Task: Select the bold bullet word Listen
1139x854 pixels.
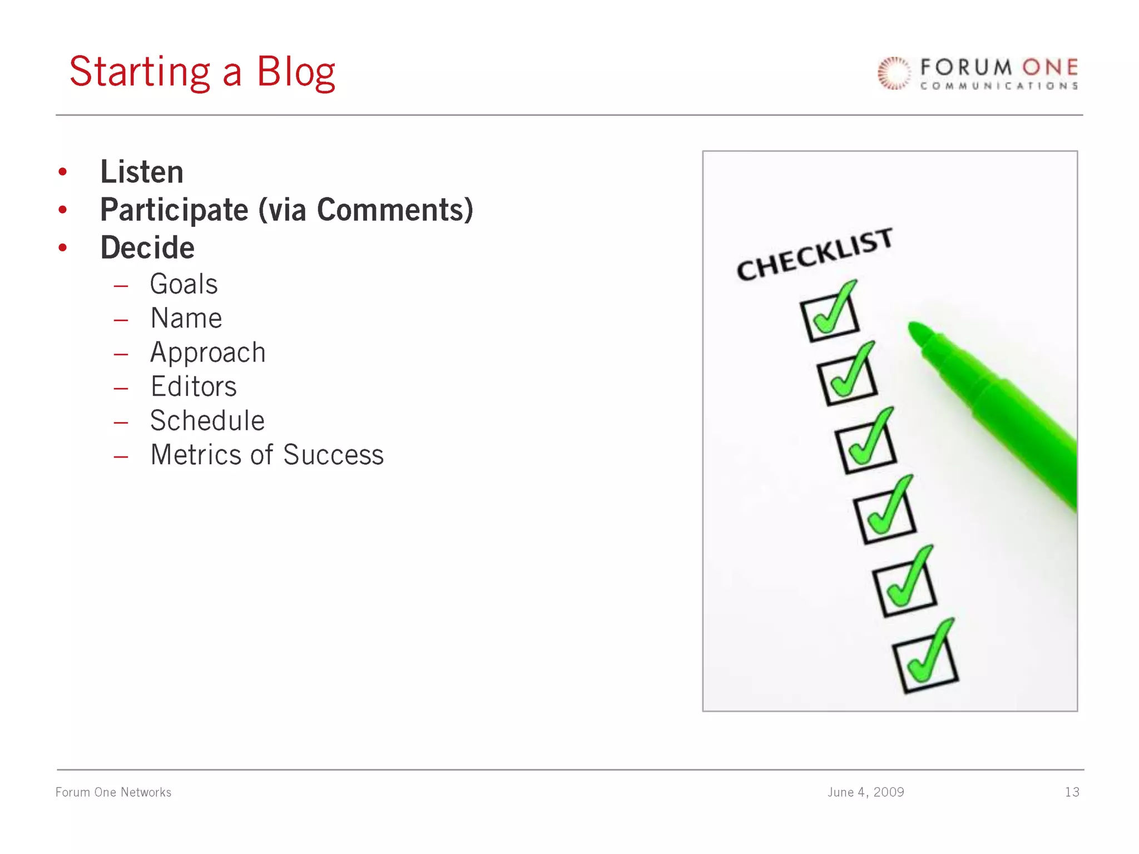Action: tap(142, 172)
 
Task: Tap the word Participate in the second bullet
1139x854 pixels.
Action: tap(174, 210)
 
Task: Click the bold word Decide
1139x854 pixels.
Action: tap(147, 248)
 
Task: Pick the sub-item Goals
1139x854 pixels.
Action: tap(184, 284)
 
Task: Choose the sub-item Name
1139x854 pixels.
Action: tap(186, 319)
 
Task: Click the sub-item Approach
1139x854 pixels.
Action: tap(208, 352)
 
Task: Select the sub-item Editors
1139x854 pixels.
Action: tap(194, 386)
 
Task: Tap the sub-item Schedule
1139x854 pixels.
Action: tap(207, 421)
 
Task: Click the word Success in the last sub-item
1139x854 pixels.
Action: tap(333, 455)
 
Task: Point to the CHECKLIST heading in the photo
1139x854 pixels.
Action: tap(814, 255)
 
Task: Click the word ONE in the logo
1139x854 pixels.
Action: tap(1049, 68)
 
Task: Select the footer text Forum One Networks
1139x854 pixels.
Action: tap(113, 792)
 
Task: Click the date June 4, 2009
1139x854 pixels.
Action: tap(865, 792)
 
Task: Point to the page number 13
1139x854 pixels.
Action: tap(1072, 792)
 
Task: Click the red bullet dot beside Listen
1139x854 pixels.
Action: tap(63, 172)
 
